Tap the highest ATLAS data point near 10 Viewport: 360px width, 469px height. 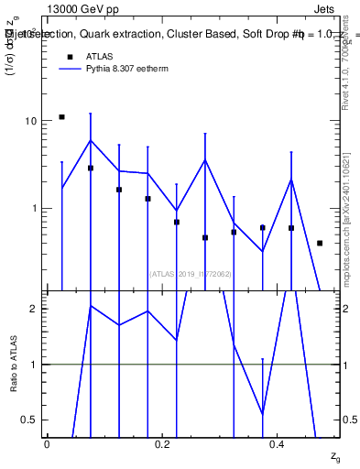[x=61, y=117]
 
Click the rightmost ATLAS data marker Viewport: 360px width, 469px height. [x=320, y=243]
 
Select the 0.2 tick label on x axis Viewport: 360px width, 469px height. [x=162, y=444]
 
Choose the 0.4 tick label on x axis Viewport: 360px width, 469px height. [x=278, y=444]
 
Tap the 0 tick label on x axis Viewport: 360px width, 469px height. [x=47, y=444]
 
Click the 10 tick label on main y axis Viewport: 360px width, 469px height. [x=31, y=122]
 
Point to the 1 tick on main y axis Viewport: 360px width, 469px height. [x=35, y=209]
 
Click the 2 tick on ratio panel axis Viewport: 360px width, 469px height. [x=35, y=309]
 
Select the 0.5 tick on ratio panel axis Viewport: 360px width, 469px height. [x=31, y=420]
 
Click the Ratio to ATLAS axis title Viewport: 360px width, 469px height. [x=13, y=364]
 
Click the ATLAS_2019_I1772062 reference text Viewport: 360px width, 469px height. [x=191, y=274]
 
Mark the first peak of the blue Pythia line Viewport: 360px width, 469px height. [x=90, y=140]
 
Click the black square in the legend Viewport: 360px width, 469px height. [x=68, y=57]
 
